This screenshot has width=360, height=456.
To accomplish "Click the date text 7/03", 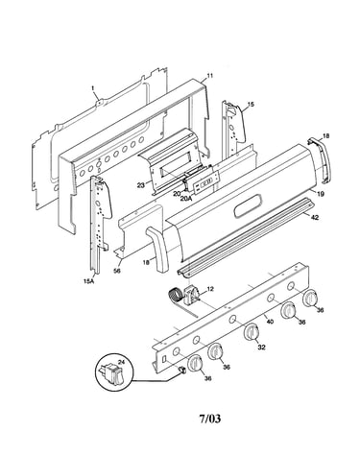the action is coord(210,419).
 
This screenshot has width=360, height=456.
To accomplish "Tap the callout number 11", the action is coord(209,76).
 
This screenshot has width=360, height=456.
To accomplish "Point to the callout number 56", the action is coord(117,271).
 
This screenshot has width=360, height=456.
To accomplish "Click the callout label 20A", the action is coord(185,199).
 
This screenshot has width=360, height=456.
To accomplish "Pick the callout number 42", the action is coord(315,217).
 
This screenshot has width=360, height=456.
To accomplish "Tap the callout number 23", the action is coord(140,184).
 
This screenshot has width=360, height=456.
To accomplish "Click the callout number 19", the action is coord(321,194).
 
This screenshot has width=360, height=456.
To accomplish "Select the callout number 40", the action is coord(270,321).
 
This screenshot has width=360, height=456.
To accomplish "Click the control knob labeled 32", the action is coord(252,332).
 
